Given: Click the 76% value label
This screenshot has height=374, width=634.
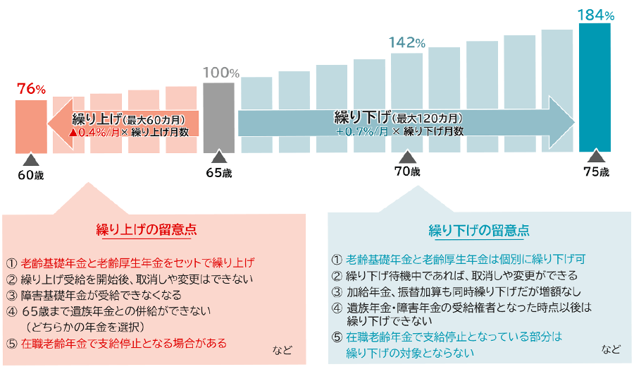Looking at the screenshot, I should [31, 89].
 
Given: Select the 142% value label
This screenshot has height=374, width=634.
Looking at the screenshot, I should [406, 42].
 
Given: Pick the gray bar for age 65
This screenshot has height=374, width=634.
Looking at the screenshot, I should [219, 117].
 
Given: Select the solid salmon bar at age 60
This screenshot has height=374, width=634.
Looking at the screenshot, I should [31, 126].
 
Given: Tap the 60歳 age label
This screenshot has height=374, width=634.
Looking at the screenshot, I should [30, 173].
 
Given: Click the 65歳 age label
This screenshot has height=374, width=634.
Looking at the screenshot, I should [219, 171].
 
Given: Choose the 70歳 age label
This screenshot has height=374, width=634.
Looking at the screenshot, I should [406, 171].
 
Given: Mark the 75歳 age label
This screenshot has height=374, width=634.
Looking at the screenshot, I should [596, 171].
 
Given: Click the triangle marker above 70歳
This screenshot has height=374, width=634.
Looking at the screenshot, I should [407, 158].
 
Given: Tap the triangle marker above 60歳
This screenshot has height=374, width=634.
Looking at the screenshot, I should [30, 159].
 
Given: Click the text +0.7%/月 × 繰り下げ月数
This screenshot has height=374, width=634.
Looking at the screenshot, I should [399, 131].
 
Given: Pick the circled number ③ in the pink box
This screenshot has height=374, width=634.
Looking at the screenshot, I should [11, 295].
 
